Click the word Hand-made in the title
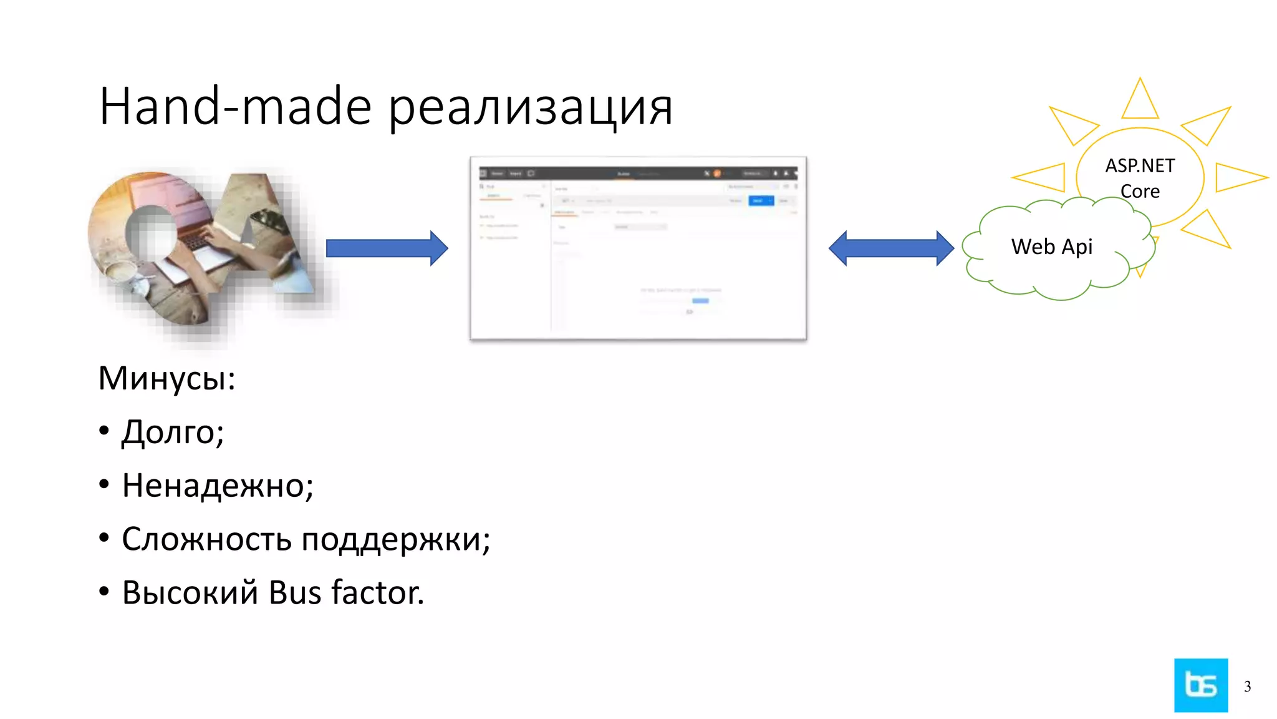tap(235, 106)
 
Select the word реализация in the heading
tap(530, 107)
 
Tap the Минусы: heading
tap(166, 378)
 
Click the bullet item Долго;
tap(173, 432)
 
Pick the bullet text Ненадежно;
tap(218, 486)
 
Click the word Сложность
tap(206, 539)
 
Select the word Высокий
tap(190, 592)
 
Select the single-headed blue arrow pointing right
tap(387, 248)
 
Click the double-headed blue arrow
tap(891, 248)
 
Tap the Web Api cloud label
tap(1052, 247)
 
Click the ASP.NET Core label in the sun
tap(1140, 178)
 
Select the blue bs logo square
tap(1201, 685)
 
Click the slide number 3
tap(1247, 687)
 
